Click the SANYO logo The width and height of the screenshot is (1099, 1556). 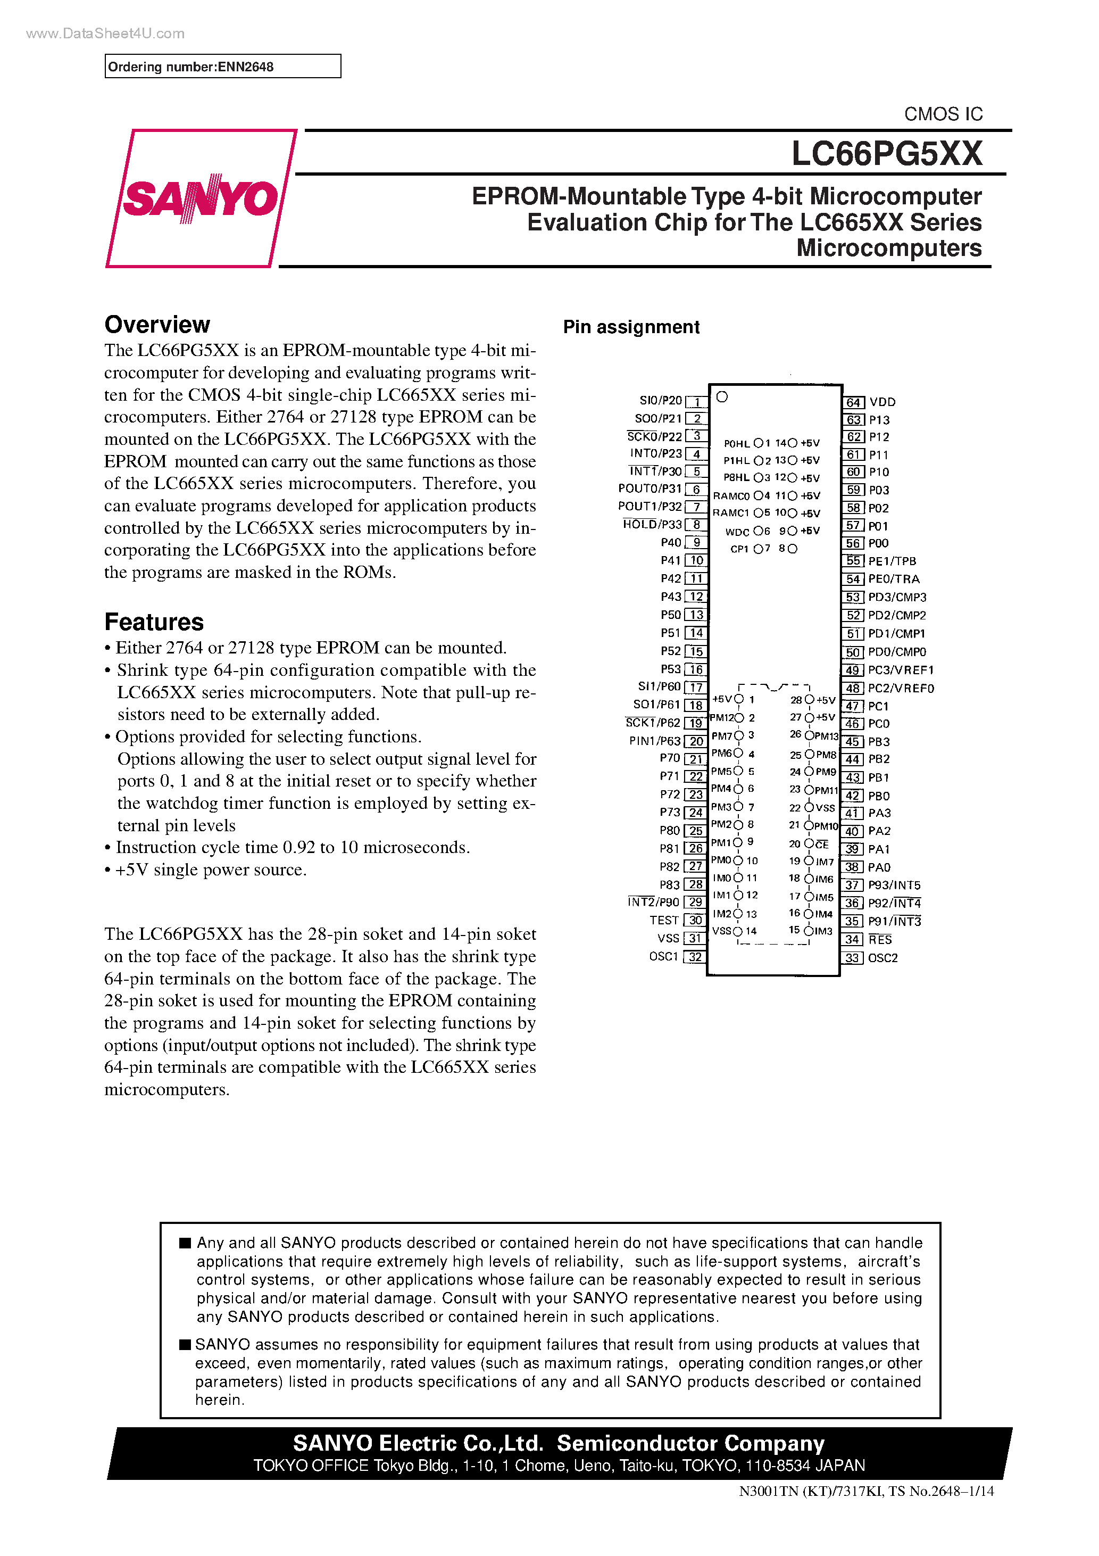(x=201, y=198)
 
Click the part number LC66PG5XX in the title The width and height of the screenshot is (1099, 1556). (x=886, y=154)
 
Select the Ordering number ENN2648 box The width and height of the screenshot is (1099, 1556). (x=222, y=67)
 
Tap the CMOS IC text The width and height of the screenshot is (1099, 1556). (x=943, y=114)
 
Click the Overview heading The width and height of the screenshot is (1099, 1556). (x=157, y=325)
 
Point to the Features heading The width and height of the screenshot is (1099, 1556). (x=154, y=622)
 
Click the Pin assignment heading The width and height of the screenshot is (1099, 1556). (x=631, y=327)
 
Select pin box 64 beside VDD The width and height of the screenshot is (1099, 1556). (x=853, y=402)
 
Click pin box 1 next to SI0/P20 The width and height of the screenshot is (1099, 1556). (x=696, y=402)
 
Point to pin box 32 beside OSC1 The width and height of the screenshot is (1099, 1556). (x=695, y=957)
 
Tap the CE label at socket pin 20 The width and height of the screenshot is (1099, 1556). (x=822, y=845)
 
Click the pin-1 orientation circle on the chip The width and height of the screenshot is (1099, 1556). (x=722, y=397)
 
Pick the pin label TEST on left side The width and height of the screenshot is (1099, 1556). (x=663, y=920)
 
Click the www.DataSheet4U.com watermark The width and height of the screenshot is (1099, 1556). (x=105, y=33)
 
